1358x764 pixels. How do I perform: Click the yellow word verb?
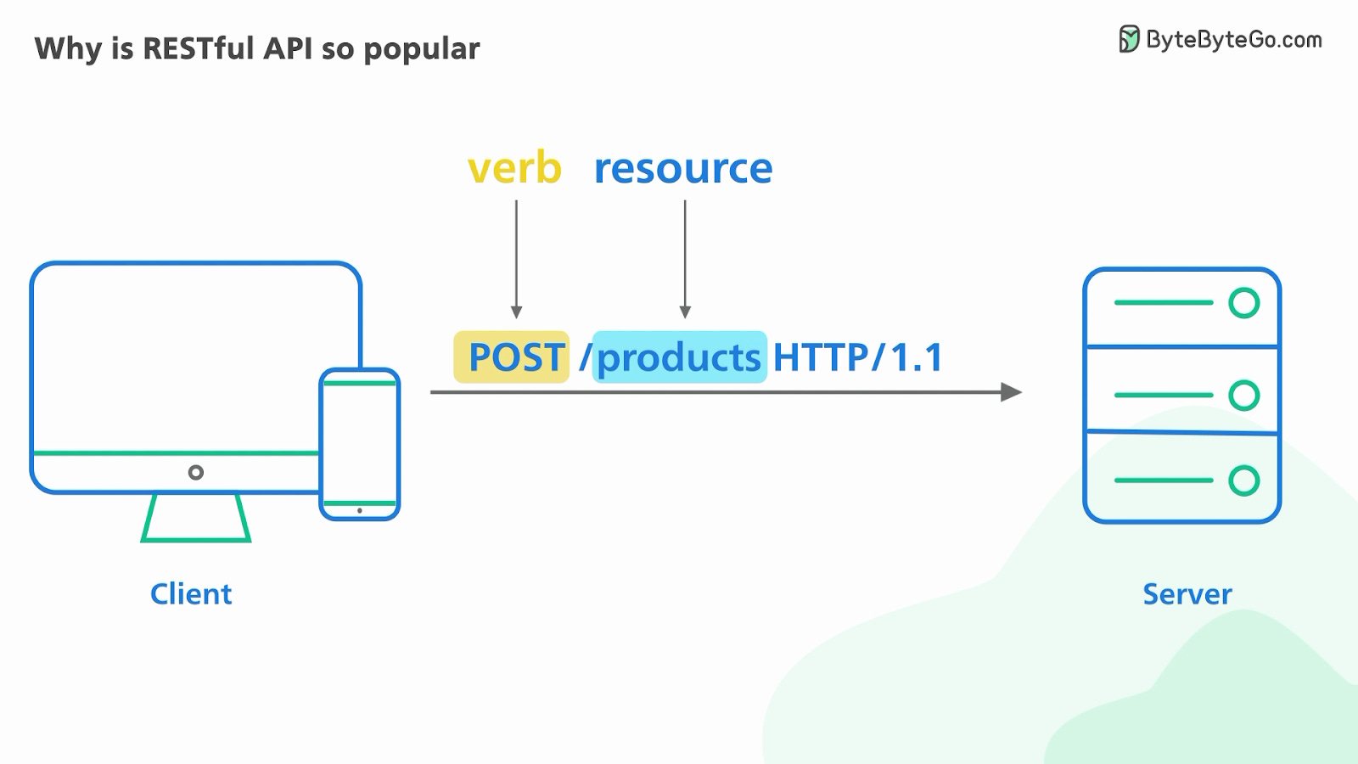[514, 168]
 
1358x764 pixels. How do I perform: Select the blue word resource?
[683, 168]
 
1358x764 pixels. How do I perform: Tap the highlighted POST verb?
[512, 357]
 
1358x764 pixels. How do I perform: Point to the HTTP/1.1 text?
[857, 357]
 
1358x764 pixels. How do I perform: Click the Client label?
[191, 594]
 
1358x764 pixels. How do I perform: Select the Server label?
[1187, 594]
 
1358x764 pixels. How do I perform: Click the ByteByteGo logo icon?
[1128, 39]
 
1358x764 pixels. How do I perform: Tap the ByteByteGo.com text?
[1234, 40]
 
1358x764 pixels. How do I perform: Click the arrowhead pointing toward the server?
[1011, 392]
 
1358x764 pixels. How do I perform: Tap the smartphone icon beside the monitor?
[360, 443]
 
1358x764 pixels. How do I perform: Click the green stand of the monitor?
[196, 518]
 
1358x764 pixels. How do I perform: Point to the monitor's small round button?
[196, 472]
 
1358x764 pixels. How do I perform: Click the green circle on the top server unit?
[1244, 303]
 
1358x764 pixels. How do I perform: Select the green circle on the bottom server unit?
[1244, 480]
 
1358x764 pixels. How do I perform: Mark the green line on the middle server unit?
[1163, 395]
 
